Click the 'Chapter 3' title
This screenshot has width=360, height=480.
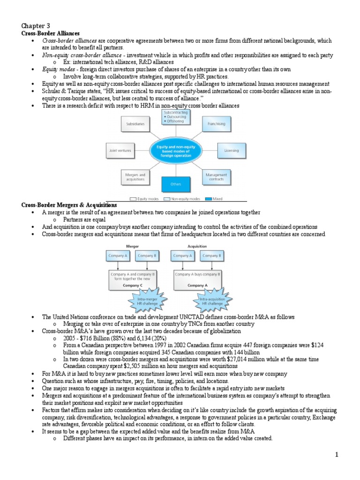[36, 26]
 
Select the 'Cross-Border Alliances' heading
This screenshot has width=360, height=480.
[50, 34]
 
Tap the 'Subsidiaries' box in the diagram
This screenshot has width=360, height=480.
[135, 124]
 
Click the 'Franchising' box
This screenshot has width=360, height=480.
[216, 124]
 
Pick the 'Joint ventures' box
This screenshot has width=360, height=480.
[120, 151]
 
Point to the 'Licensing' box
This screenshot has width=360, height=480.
[231, 151]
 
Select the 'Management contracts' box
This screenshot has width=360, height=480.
[216, 177]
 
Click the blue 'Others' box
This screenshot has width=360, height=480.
[175, 184]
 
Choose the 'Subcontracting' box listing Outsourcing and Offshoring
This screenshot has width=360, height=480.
[175, 117]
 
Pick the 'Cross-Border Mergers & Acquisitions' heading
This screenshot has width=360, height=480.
[69, 205]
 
